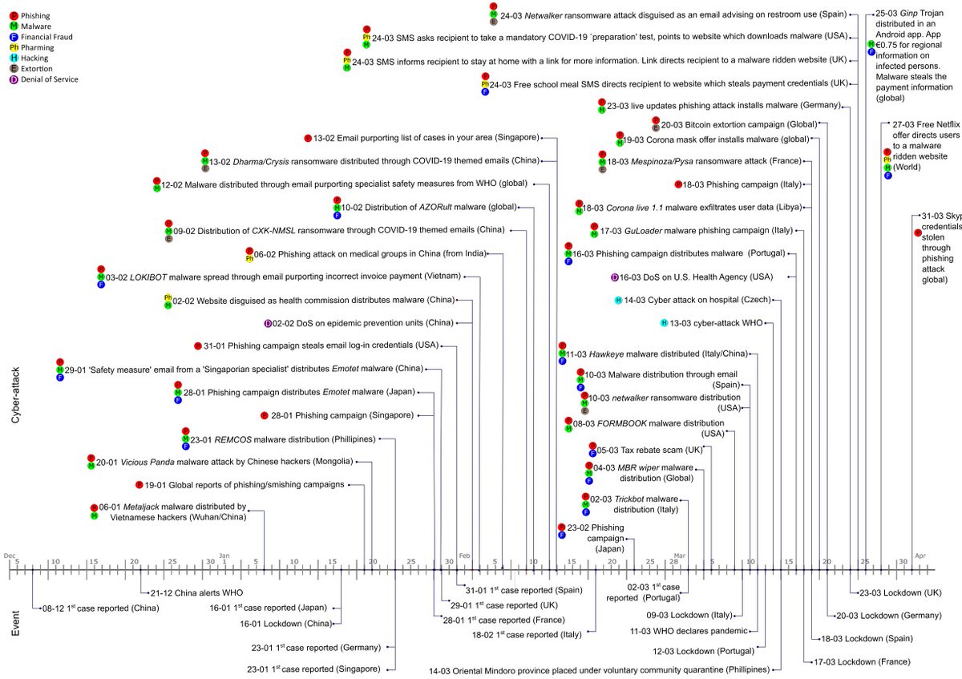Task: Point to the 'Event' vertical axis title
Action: point(16,622)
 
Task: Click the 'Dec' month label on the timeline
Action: point(9,556)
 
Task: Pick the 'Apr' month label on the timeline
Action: point(920,556)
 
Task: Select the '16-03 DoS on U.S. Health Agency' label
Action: point(696,277)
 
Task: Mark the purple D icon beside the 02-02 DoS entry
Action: point(269,323)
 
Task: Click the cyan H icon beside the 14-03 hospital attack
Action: point(618,300)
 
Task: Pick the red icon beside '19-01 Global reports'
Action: point(139,484)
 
